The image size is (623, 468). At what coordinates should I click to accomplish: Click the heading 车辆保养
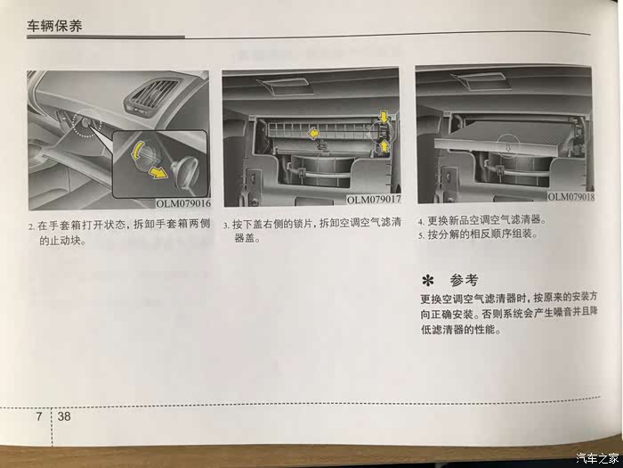[x=54, y=26]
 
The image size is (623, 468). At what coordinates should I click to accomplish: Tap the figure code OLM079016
[x=183, y=203]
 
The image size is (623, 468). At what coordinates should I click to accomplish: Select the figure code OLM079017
[x=374, y=200]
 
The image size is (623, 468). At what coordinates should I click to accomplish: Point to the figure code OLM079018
[x=570, y=197]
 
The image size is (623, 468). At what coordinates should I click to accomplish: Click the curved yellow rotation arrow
[x=136, y=151]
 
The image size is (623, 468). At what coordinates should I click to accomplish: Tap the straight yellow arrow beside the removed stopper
[x=158, y=172]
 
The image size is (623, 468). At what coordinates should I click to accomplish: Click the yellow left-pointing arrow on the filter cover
[x=313, y=134]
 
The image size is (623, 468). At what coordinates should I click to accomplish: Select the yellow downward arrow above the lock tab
[x=384, y=117]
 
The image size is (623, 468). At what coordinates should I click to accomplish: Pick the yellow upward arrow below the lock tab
[x=384, y=146]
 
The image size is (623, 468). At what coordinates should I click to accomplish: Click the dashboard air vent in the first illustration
[x=151, y=95]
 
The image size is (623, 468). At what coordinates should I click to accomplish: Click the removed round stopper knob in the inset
[x=184, y=168]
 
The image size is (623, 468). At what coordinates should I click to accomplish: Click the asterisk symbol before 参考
[x=427, y=281]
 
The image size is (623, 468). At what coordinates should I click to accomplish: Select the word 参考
[x=464, y=280]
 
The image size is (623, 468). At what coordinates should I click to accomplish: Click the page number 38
[x=64, y=416]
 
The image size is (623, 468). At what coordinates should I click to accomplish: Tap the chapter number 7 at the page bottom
[x=39, y=416]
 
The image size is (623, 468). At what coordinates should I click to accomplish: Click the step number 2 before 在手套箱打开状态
[x=31, y=227]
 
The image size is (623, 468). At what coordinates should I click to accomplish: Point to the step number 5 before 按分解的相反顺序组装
[x=420, y=235]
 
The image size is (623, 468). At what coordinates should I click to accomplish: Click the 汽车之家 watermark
[x=597, y=457]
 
